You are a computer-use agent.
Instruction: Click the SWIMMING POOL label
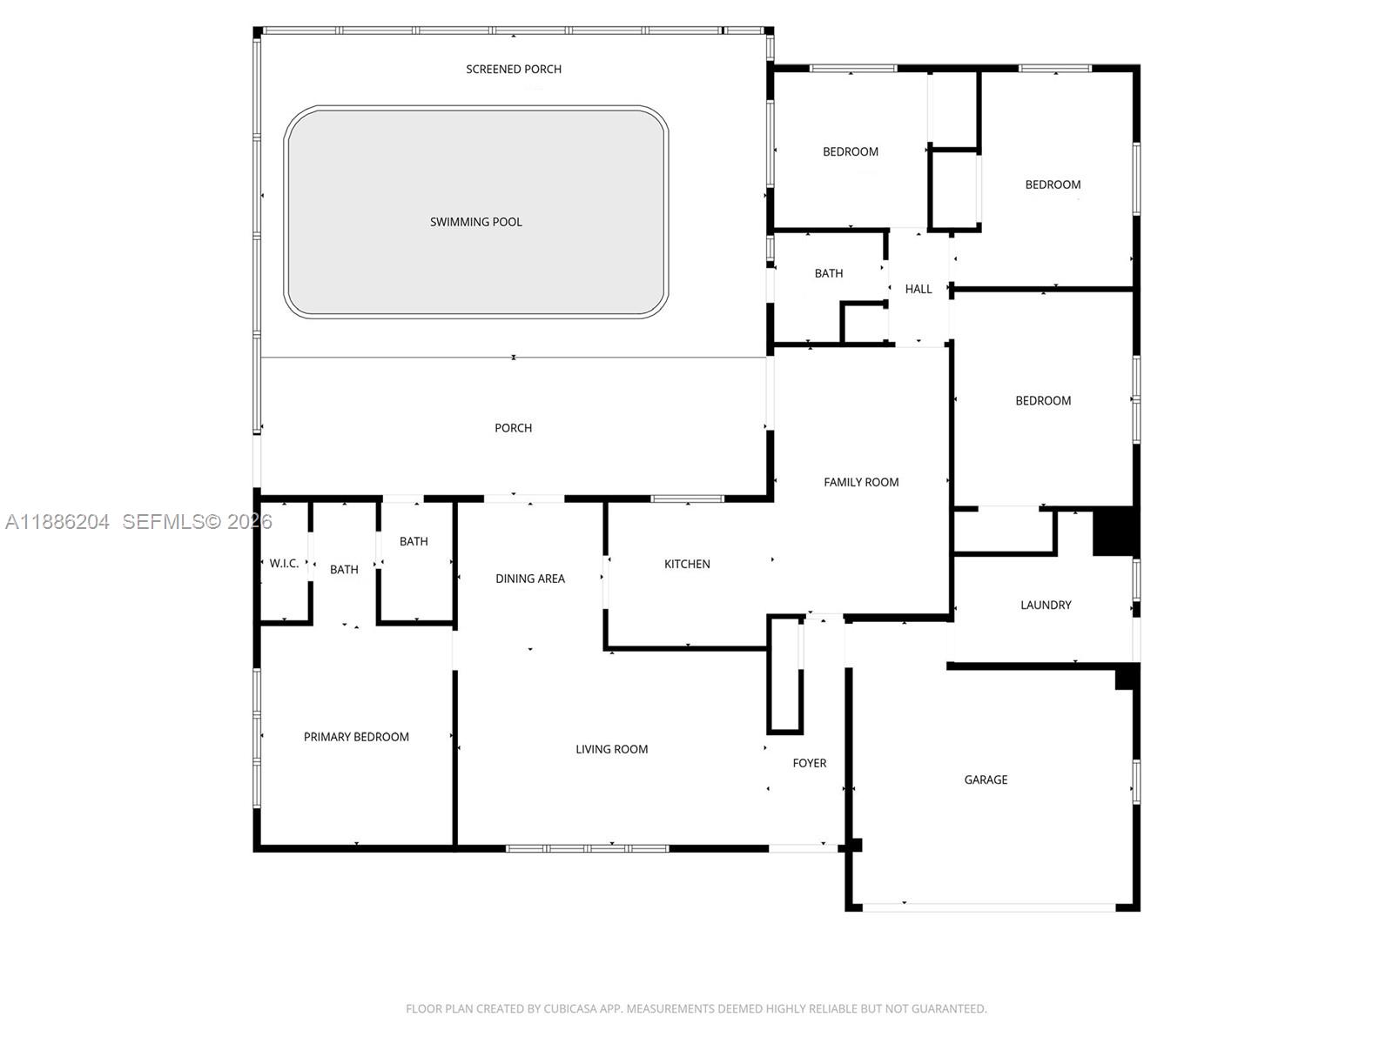(x=475, y=222)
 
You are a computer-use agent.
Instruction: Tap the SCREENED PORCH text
(x=513, y=69)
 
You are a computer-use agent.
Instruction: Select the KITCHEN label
(x=687, y=564)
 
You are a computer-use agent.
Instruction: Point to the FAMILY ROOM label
(x=861, y=482)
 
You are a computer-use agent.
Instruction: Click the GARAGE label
(x=986, y=780)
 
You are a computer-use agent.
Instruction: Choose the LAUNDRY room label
(x=1046, y=605)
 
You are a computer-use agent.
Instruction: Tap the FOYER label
(x=809, y=763)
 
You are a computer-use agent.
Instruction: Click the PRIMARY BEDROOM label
(x=356, y=737)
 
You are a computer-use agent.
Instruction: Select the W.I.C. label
(x=284, y=564)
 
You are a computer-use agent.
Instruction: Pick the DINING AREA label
(x=530, y=579)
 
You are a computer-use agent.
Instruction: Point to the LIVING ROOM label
(x=611, y=749)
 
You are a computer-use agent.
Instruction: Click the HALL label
(x=918, y=289)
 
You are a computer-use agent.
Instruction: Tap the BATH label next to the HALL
(x=828, y=273)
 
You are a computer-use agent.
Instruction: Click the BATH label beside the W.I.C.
(x=344, y=570)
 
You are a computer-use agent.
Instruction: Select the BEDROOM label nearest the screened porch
(x=850, y=151)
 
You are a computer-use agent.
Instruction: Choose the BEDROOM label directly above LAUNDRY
(x=1043, y=401)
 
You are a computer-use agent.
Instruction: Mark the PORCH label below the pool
(x=513, y=428)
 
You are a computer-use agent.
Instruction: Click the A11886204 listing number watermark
(x=57, y=522)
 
